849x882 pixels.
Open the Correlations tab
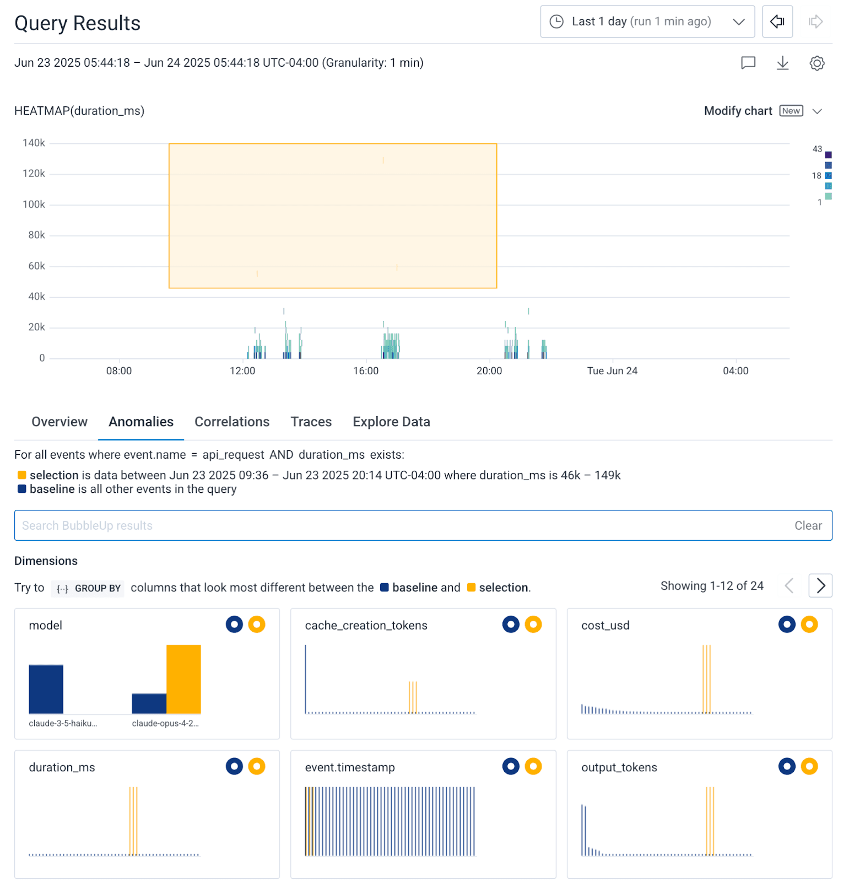tap(232, 422)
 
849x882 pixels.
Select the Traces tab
tap(311, 422)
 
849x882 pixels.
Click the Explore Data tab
tap(391, 422)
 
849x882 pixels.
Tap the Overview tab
tap(60, 422)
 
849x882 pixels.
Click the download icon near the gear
tap(782, 63)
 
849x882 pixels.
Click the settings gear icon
tap(816, 63)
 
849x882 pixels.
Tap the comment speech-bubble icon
tap(748, 63)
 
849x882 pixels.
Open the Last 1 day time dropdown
tap(647, 21)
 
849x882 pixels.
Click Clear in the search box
tap(808, 525)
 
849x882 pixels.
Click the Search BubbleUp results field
tap(386, 525)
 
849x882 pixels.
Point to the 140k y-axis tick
tap(34, 143)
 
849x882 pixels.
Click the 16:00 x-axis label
tap(366, 371)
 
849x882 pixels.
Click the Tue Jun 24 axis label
tap(612, 371)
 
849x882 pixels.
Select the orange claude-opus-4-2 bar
tap(183, 679)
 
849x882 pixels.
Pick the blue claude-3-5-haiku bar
tap(46, 689)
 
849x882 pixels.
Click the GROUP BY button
tap(88, 588)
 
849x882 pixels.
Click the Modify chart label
tap(738, 111)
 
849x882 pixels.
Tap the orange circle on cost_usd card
tap(809, 625)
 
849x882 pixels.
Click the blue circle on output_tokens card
tap(786, 766)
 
